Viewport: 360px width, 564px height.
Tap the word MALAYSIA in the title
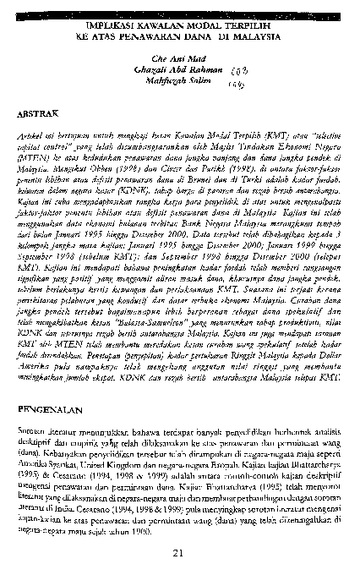256,38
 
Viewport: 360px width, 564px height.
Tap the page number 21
178,529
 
